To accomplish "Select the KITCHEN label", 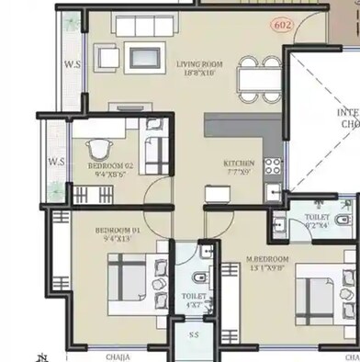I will (x=239, y=163).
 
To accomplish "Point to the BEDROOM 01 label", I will (x=119, y=232).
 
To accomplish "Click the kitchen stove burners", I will (x=272, y=166).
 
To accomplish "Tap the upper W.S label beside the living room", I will (x=73, y=64).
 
